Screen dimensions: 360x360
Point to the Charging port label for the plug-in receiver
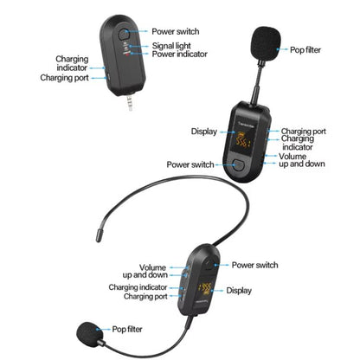click(62, 77)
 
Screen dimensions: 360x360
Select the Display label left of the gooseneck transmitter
click(204, 132)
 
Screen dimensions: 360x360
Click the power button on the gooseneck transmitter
click(239, 164)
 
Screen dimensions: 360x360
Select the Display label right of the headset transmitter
click(239, 291)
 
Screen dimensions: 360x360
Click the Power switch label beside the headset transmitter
click(254, 265)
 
